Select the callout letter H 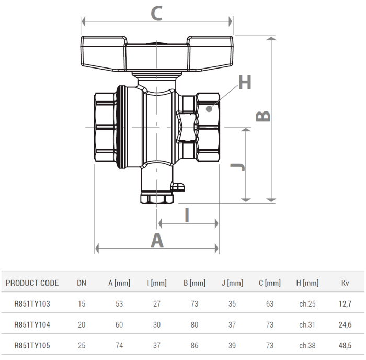pyautogui.click(x=245, y=83)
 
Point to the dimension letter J pyautogui.click(x=238, y=167)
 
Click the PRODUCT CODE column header pyautogui.click(x=32, y=283)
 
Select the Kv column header pyautogui.click(x=345, y=283)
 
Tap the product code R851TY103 pyautogui.click(x=32, y=303)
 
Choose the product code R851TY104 pyautogui.click(x=32, y=324)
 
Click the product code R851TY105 pyautogui.click(x=32, y=345)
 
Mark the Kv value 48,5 pyautogui.click(x=345, y=345)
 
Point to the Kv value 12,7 pyautogui.click(x=345, y=303)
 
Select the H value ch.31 pyautogui.click(x=307, y=324)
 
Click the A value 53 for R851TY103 pyautogui.click(x=119, y=303)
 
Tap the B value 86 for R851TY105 pyautogui.click(x=195, y=345)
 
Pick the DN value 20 pyautogui.click(x=82, y=324)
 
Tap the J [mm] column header pyautogui.click(x=232, y=283)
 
